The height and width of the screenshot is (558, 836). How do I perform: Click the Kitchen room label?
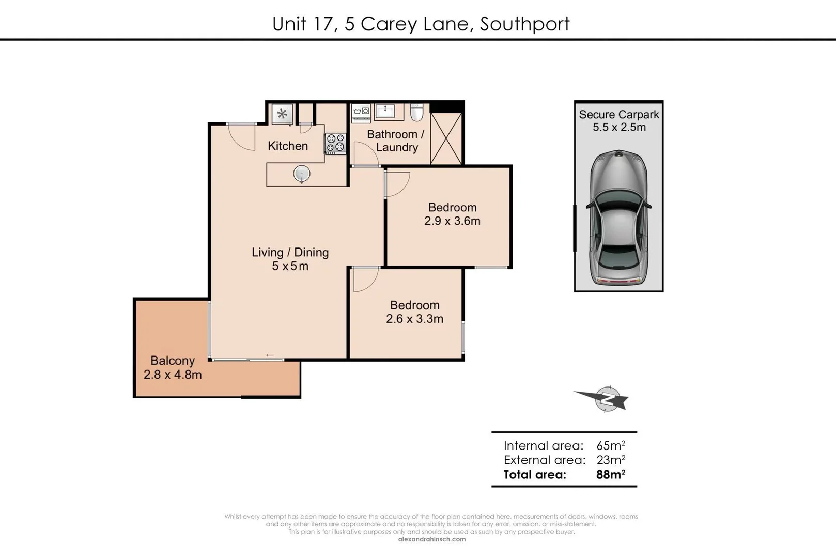pos(288,146)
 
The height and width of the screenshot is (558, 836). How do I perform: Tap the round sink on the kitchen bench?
pos(302,174)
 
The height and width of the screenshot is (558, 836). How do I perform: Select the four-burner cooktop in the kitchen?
pos(335,143)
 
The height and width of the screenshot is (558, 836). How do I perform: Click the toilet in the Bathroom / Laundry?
pos(416,112)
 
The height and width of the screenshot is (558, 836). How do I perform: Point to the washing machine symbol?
pos(361,113)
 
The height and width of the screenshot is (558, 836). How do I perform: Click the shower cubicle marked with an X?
pos(446,138)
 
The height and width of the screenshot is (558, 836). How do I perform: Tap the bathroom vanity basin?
pos(384,111)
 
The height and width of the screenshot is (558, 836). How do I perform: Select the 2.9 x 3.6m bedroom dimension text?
pos(452,221)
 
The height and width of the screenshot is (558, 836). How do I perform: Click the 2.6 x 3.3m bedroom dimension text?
pos(414,319)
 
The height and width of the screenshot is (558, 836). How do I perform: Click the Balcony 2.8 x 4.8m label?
pos(173,368)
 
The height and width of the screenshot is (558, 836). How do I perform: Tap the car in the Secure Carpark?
pos(618,217)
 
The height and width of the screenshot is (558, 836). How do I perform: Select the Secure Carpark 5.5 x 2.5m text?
pos(619,121)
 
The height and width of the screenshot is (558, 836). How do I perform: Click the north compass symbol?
pos(607,399)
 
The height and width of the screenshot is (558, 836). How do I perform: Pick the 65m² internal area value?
pos(610,445)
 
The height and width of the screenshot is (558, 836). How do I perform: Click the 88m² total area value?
pos(610,474)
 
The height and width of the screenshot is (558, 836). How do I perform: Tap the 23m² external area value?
pos(610,460)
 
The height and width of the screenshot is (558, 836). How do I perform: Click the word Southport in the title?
pos(524,24)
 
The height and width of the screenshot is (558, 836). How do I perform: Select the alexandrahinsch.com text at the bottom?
pos(432,539)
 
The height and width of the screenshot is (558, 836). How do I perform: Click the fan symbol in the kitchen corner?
pos(282,114)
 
